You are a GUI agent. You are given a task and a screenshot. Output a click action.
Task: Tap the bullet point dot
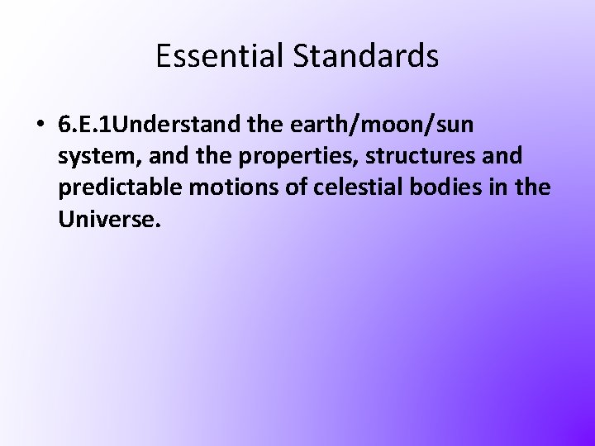point(40,125)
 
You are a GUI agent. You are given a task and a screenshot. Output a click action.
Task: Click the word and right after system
point(150,156)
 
